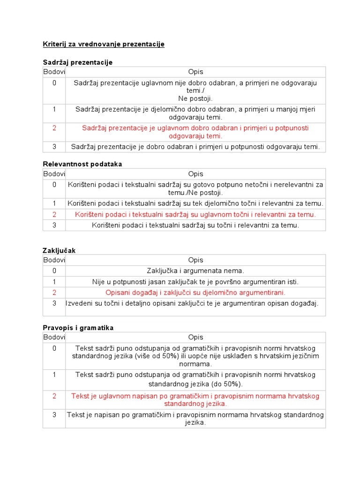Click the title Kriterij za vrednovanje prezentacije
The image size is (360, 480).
[x=104, y=44]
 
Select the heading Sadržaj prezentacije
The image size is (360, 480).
[x=77, y=62]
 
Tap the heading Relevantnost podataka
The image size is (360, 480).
[x=82, y=164]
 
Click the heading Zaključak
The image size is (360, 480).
[x=59, y=251]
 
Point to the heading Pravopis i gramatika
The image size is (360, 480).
[x=78, y=328]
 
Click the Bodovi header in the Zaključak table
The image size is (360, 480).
[x=54, y=260]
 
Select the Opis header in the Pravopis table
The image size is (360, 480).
[x=195, y=337]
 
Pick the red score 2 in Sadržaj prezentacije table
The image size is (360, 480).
[x=54, y=128]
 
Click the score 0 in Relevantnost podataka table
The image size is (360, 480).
[x=54, y=185]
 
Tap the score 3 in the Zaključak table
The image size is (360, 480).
[x=54, y=303]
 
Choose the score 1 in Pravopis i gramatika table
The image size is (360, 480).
[x=54, y=375]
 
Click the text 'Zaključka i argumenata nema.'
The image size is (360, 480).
[x=195, y=270]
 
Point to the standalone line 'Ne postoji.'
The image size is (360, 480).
[x=195, y=98]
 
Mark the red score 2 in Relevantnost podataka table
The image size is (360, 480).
[x=54, y=214]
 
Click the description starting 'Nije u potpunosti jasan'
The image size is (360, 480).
[x=195, y=282]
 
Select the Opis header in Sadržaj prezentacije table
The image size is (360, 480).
[x=195, y=72]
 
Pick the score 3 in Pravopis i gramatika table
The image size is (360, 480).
[x=54, y=415]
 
